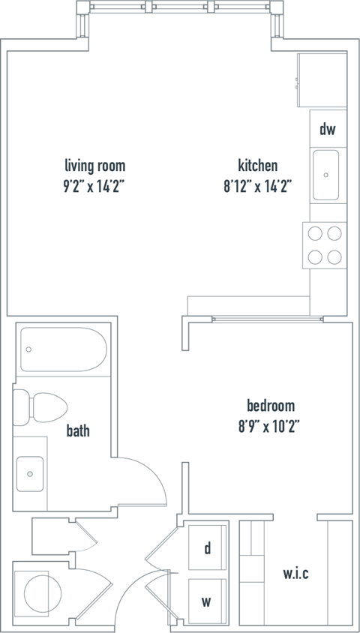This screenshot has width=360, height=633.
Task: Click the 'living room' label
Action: point(94,166)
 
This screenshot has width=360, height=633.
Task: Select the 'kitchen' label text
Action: point(258,166)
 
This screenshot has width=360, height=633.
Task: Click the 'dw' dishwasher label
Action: point(328,130)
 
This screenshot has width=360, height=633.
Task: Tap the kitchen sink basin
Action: point(328,175)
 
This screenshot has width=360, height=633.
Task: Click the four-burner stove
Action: point(325,245)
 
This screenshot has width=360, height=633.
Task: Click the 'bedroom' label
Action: point(271,406)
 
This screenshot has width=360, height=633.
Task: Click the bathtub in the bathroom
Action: point(63,349)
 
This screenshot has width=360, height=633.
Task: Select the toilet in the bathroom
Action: point(41,408)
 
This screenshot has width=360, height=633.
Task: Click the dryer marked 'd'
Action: point(208,547)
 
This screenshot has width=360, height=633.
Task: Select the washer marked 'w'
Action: point(208,601)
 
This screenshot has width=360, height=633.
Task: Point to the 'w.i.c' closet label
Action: point(295,574)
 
